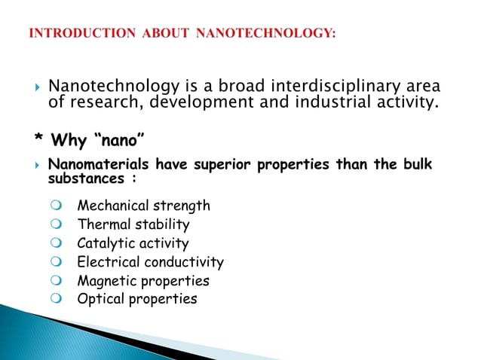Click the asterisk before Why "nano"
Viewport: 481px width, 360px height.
pyautogui.click(x=38, y=141)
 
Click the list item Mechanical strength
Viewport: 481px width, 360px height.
pyautogui.click(x=143, y=206)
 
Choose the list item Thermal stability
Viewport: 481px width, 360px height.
pyautogui.click(x=133, y=224)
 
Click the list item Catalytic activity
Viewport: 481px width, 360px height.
pyautogui.click(x=133, y=243)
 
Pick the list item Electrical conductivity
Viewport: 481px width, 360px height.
pyautogui.click(x=150, y=262)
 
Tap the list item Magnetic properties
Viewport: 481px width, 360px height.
pyautogui.click(x=142, y=281)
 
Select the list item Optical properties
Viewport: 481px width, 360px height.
pyautogui.click(x=136, y=299)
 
